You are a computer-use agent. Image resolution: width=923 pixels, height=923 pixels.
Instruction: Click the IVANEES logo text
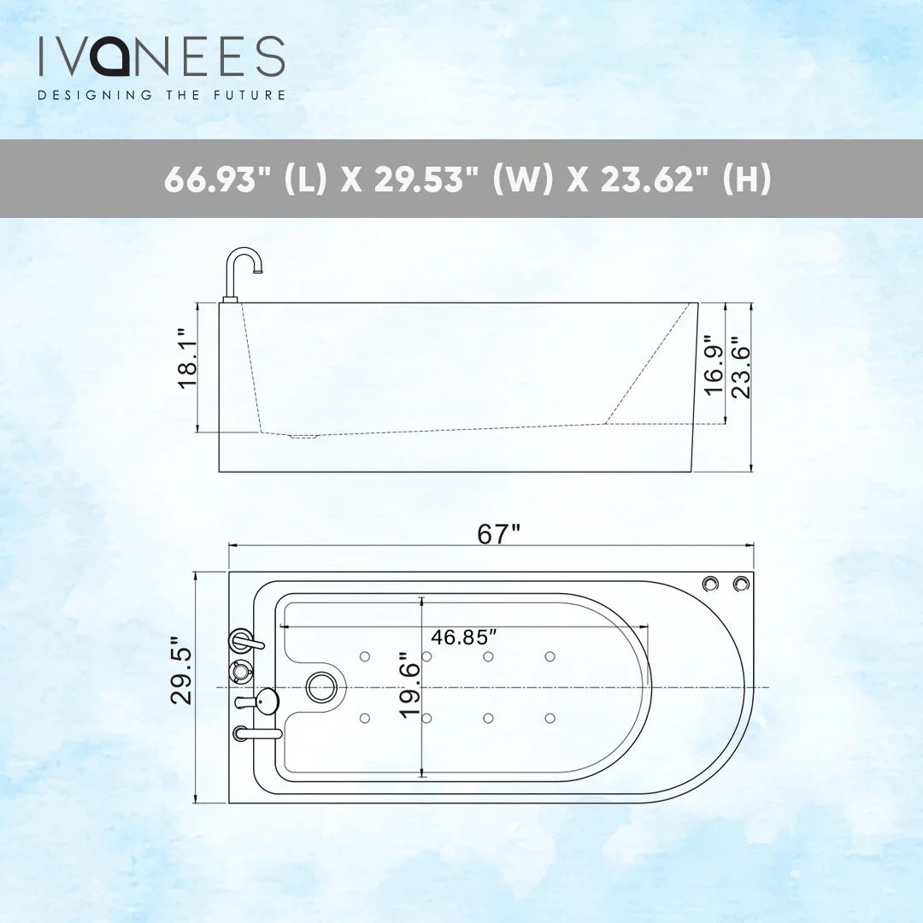[161, 56]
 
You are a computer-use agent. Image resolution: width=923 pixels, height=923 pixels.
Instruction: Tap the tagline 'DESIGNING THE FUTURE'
[161, 95]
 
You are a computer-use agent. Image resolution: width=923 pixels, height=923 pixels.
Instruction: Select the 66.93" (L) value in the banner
[244, 179]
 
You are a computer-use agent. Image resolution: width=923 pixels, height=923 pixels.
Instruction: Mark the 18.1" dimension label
[187, 359]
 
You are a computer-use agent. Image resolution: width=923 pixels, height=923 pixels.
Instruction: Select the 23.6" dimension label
[740, 372]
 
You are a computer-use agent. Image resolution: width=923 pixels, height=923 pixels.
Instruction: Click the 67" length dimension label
[498, 533]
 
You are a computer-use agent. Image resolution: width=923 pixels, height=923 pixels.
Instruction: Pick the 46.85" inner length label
[464, 638]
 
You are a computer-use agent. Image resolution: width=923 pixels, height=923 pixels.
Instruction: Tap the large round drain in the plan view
[321, 687]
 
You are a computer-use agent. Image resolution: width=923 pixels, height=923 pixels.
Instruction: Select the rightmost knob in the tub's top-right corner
[740, 584]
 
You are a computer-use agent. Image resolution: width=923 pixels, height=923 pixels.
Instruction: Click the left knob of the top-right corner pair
[710, 584]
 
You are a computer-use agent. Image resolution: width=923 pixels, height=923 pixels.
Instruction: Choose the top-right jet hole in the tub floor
[550, 656]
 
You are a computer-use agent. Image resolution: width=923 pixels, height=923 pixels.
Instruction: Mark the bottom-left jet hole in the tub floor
[365, 718]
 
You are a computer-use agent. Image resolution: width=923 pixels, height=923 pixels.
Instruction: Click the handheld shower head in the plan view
[267, 702]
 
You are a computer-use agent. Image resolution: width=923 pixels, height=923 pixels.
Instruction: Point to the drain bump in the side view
[303, 437]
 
